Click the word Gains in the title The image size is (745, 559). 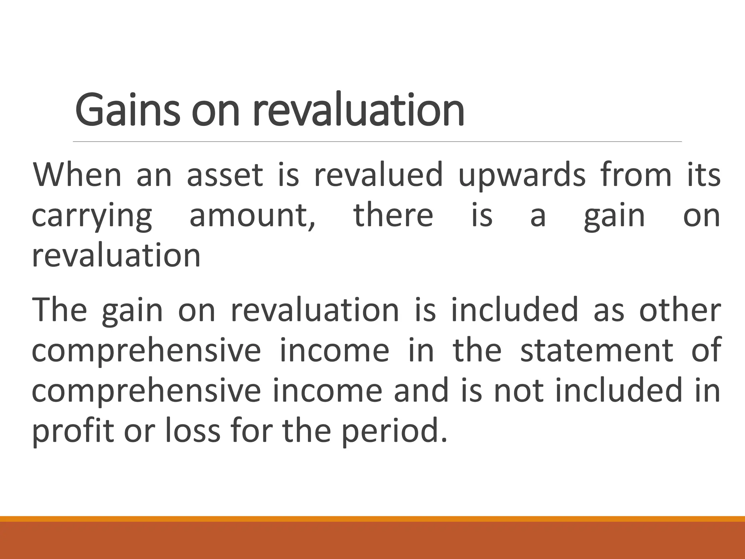(127, 110)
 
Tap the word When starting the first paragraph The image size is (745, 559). (77, 175)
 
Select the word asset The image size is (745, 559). (224, 175)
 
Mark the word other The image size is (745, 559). (680, 310)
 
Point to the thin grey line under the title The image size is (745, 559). (377, 141)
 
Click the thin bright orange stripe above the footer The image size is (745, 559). (372, 519)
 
